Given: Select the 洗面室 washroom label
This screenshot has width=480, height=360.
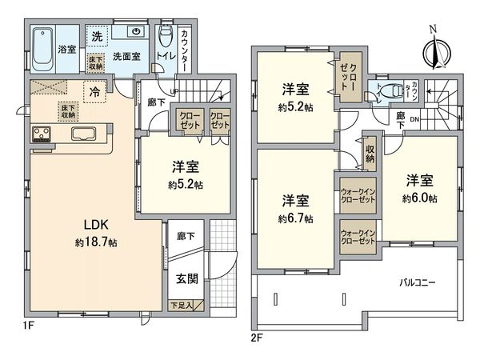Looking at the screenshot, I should [126, 57].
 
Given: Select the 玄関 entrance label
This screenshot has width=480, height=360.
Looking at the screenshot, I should [187, 279].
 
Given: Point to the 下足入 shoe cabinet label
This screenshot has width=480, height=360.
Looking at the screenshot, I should [186, 305].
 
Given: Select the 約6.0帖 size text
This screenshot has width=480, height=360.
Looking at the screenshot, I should [420, 198].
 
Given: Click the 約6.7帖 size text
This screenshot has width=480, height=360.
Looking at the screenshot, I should [296, 218].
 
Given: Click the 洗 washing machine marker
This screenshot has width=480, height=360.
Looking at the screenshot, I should [96, 37].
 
